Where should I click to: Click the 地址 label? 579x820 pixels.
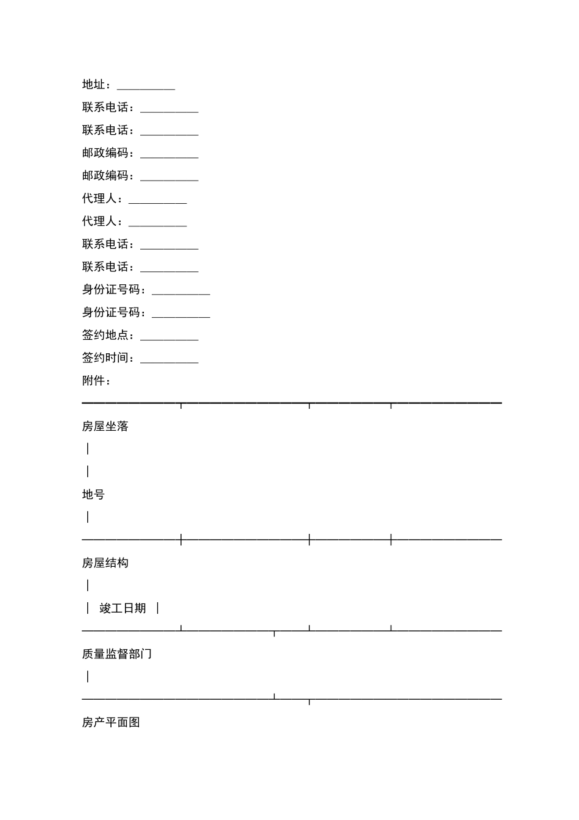(94, 85)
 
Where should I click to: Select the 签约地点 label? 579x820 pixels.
(105, 336)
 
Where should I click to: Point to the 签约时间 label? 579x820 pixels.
(105, 358)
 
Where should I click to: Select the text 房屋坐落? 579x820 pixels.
(105, 426)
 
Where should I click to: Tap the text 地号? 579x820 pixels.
(94, 495)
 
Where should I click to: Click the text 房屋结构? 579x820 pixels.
(105, 563)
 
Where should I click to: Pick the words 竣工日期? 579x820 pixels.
(123, 608)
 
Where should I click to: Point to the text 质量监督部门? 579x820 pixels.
(117, 654)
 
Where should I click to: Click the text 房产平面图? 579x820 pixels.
(111, 722)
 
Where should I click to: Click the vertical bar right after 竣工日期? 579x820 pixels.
(158, 608)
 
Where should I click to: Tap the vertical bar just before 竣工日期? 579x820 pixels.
(88, 608)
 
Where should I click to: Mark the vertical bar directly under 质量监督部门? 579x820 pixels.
(88, 677)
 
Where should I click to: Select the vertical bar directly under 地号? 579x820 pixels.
(88, 517)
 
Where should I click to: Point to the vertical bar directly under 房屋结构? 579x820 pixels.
(88, 586)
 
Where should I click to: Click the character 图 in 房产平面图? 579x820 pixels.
(135, 722)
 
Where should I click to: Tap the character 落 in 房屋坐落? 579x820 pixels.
(123, 426)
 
